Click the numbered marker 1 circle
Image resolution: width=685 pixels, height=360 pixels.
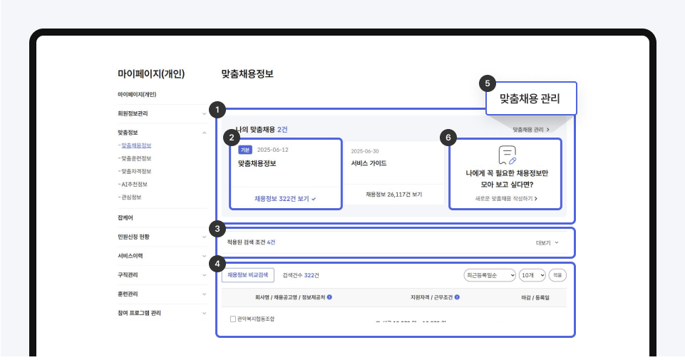[x=218, y=110]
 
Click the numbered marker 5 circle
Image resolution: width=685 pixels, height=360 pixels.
[x=488, y=83]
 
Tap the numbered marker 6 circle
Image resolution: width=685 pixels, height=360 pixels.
[x=449, y=138]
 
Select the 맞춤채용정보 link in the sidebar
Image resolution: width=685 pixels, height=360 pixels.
[x=136, y=145]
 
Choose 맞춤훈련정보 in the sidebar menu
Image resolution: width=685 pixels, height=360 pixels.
[x=136, y=158]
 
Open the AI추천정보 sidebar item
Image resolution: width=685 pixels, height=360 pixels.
[x=134, y=184]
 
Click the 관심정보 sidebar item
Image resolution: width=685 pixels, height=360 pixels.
[x=131, y=197]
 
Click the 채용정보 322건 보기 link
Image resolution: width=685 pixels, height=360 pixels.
[x=285, y=199]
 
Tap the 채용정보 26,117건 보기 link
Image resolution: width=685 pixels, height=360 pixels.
[x=394, y=194]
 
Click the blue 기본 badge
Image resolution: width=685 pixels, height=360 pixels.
[x=245, y=150]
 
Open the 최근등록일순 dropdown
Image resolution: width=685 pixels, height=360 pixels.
[x=489, y=274]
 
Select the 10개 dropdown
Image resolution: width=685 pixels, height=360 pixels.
[x=532, y=274]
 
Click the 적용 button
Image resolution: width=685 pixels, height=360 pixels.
[x=557, y=274]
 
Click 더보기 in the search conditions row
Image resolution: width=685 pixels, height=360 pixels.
[x=547, y=242]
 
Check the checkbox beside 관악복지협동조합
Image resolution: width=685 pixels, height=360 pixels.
[x=233, y=319]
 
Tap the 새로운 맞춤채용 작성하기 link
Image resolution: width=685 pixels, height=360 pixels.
[x=506, y=198]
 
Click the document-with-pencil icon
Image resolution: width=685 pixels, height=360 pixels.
[x=507, y=155]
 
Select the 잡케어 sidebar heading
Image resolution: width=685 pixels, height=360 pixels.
[x=125, y=217]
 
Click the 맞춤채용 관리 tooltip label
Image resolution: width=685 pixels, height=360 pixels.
[x=530, y=98]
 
